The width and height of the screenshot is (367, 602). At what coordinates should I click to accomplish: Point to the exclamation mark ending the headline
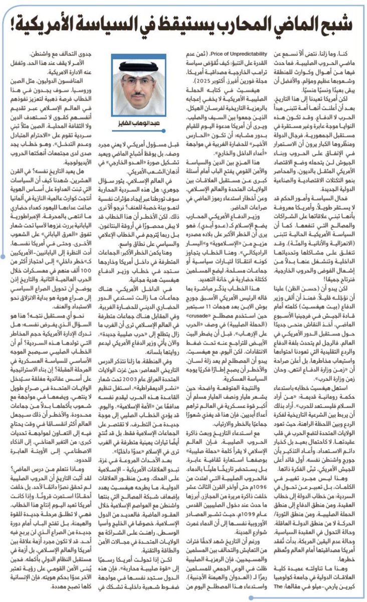pos(14,23)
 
